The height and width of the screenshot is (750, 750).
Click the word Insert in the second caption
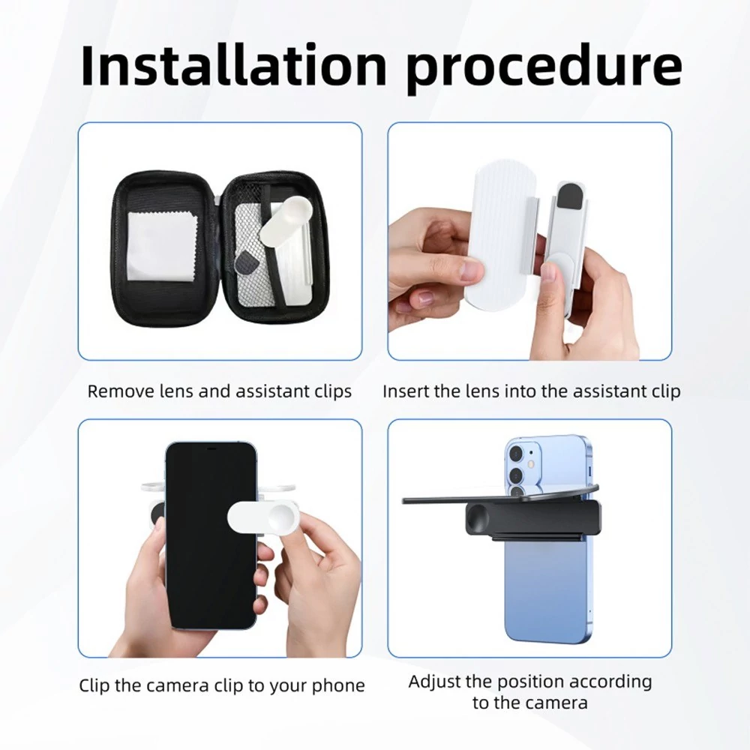point(406,391)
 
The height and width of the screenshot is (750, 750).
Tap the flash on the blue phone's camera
point(531,464)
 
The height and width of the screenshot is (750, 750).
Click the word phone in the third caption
point(339,686)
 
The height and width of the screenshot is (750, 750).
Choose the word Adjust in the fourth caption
point(433,682)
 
